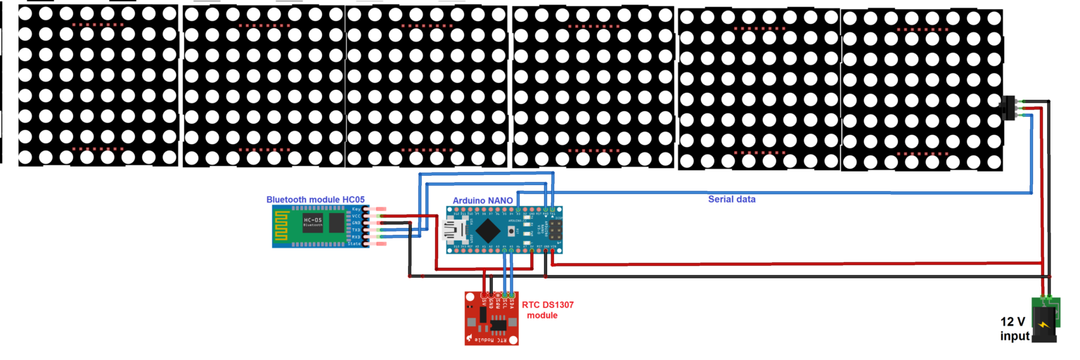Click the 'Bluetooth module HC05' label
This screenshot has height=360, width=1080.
(315, 200)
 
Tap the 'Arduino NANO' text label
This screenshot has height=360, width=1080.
(482, 200)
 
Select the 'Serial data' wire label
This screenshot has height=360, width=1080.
(731, 200)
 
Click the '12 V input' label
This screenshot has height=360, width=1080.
(1015, 329)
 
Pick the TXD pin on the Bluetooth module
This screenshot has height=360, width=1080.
(358, 230)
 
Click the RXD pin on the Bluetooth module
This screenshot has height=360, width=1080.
(358, 237)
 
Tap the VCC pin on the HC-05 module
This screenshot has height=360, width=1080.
(358, 216)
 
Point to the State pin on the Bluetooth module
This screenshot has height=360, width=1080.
(358, 244)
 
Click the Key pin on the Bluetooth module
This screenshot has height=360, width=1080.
(358, 210)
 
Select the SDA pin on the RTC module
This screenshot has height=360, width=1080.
(511, 295)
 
